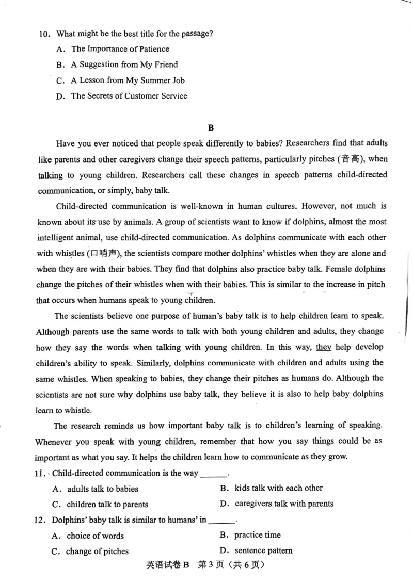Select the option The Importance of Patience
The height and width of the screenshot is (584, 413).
(120, 49)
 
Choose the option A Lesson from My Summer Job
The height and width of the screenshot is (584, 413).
(128, 80)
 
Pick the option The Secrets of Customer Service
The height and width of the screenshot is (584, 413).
(129, 95)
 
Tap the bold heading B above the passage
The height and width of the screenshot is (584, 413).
(210, 127)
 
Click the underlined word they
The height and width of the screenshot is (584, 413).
(323, 347)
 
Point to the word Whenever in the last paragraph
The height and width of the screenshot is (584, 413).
(53, 442)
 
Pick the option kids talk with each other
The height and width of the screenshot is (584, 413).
(278, 488)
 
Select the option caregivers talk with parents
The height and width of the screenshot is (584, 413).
(284, 504)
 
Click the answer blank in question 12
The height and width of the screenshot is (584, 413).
(221, 520)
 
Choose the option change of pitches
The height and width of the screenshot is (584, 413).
(97, 551)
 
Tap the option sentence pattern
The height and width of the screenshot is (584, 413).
(263, 550)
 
